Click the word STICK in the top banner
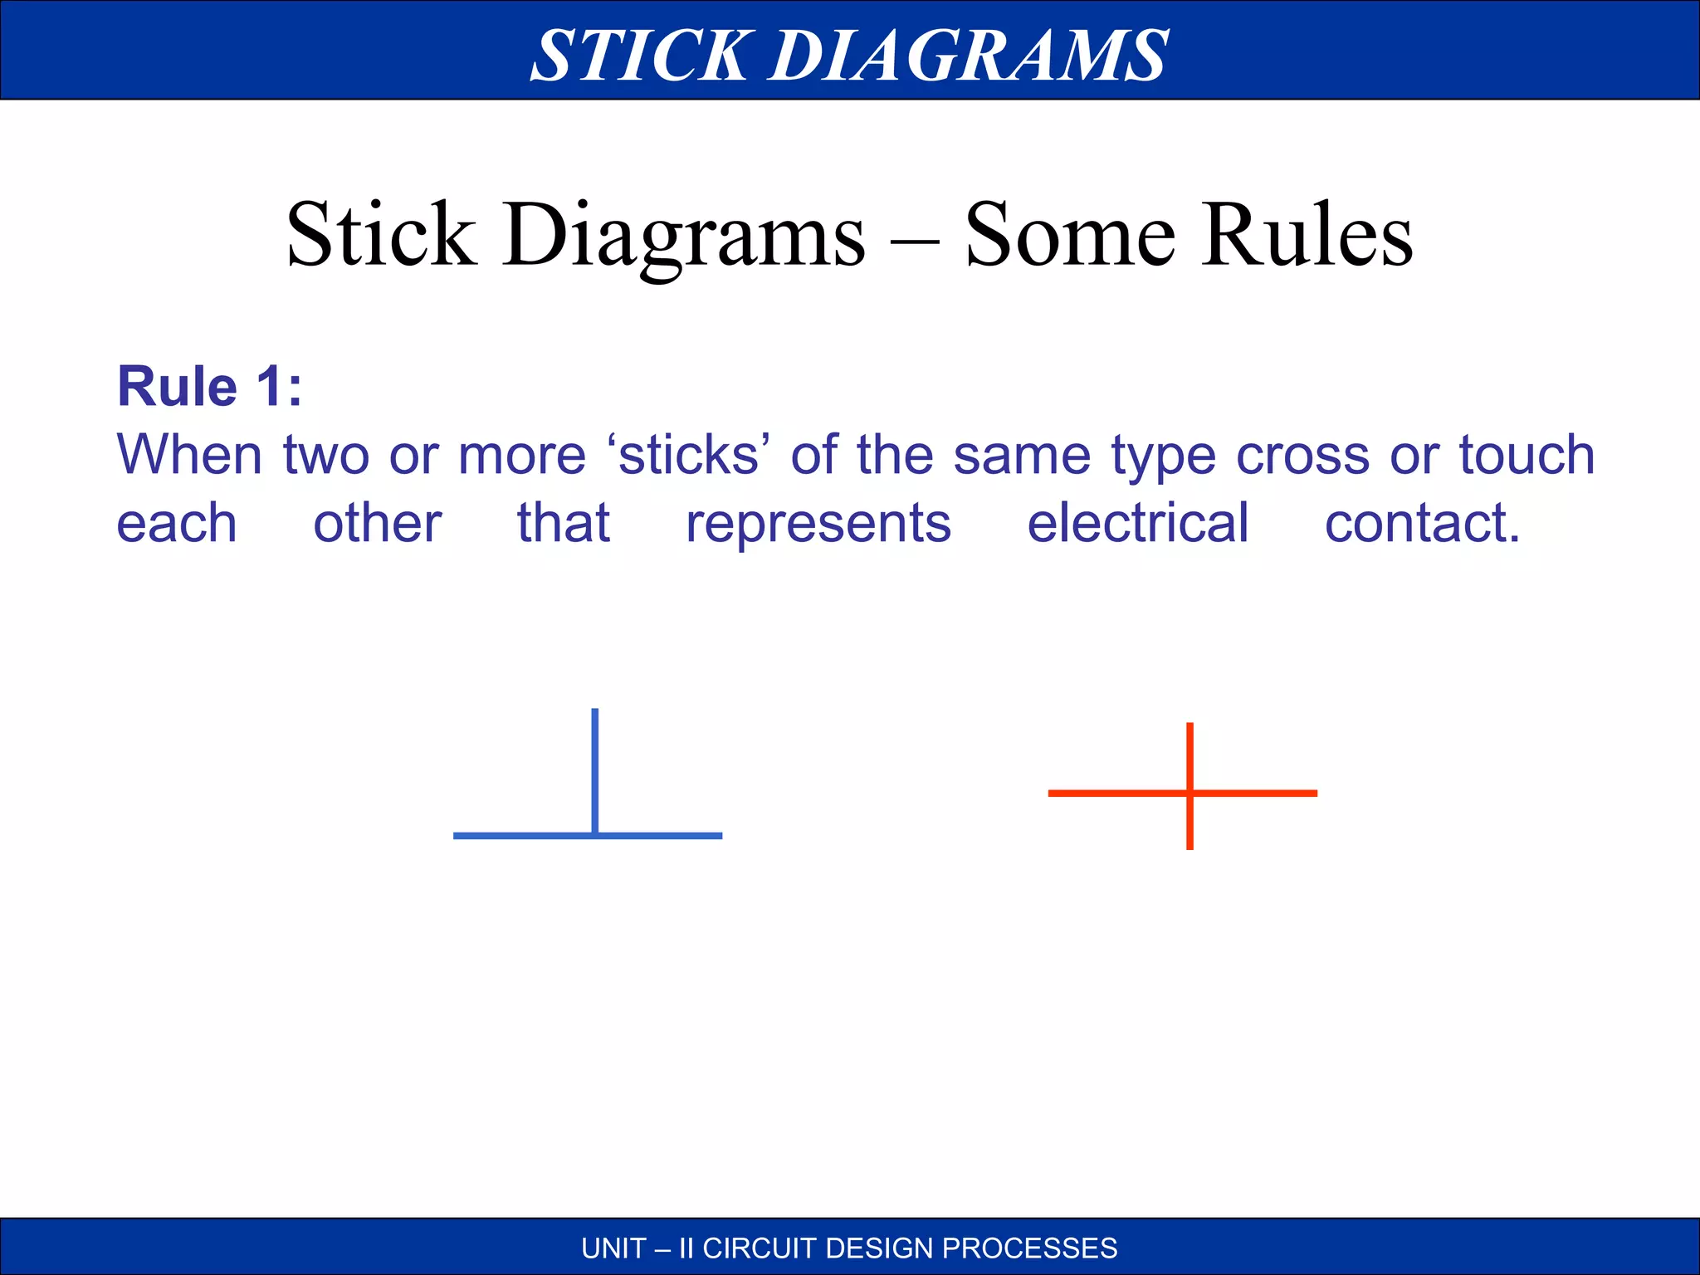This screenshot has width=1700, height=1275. click(639, 56)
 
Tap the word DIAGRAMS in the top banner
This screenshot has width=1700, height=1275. click(969, 56)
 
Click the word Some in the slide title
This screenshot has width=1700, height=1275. click(1070, 236)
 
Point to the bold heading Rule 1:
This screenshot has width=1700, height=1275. click(209, 387)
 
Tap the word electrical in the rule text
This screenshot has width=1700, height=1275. click(1137, 523)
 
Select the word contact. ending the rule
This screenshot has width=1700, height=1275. click(1422, 523)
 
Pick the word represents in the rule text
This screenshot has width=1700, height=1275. click(818, 525)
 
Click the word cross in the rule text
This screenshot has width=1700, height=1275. click(1302, 456)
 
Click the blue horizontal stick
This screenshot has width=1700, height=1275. click(515, 836)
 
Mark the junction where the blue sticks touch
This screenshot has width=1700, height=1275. click(595, 834)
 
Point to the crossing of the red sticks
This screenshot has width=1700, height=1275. click(1190, 794)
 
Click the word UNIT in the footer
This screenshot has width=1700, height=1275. click(613, 1248)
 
